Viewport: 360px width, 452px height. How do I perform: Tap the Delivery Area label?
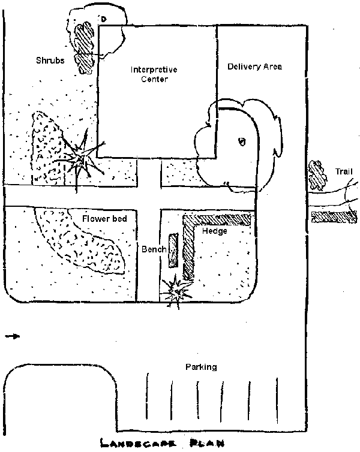(254, 67)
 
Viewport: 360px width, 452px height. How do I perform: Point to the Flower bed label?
(105, 219)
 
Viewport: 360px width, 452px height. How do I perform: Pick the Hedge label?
(214, 231)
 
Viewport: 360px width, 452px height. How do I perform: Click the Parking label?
(201, 367)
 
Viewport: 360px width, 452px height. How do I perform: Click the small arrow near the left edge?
(12, 336)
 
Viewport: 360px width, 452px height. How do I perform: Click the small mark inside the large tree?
(242, 141)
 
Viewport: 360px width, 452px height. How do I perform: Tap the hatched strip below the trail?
(334, 216)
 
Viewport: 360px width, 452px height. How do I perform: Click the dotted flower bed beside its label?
(81, 243)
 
